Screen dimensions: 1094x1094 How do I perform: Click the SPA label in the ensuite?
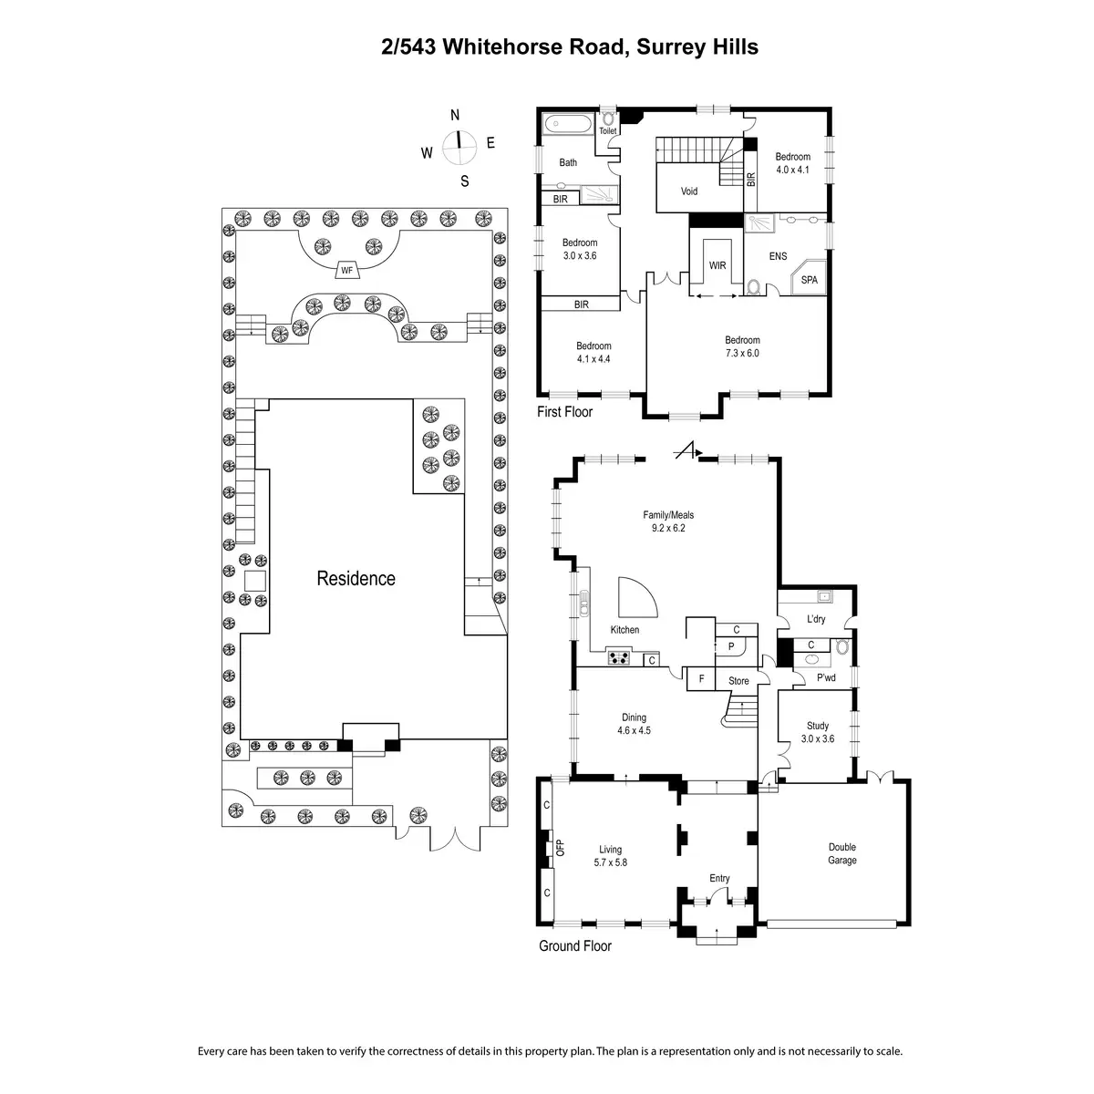click(809, 280)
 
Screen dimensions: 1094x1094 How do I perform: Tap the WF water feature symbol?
click(346, 270)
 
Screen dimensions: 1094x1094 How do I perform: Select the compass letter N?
click(455, 115)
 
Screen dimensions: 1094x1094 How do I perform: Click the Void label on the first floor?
click(689, 191)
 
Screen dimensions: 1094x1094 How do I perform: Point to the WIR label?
click(717, 265)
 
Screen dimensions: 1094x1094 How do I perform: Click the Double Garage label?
click(841, 853)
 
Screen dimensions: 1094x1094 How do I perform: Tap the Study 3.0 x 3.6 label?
click(818, 732)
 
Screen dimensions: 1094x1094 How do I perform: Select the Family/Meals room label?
click(668, 521)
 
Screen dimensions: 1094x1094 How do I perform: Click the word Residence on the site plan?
click(356, 578)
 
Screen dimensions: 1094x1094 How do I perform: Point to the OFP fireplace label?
click(560, 847)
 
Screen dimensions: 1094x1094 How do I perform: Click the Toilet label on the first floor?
click(607, 131)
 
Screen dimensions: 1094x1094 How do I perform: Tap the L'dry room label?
click(816, 619)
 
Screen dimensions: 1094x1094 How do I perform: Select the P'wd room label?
click(826, 677)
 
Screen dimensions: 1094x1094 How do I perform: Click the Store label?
click(738, 681)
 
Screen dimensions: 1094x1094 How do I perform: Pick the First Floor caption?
click(564, 412)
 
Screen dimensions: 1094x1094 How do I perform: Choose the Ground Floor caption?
click(574, 946)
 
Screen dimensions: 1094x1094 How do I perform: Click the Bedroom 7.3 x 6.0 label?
click(742, 346)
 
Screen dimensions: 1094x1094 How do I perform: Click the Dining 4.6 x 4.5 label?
click(634, 724)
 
